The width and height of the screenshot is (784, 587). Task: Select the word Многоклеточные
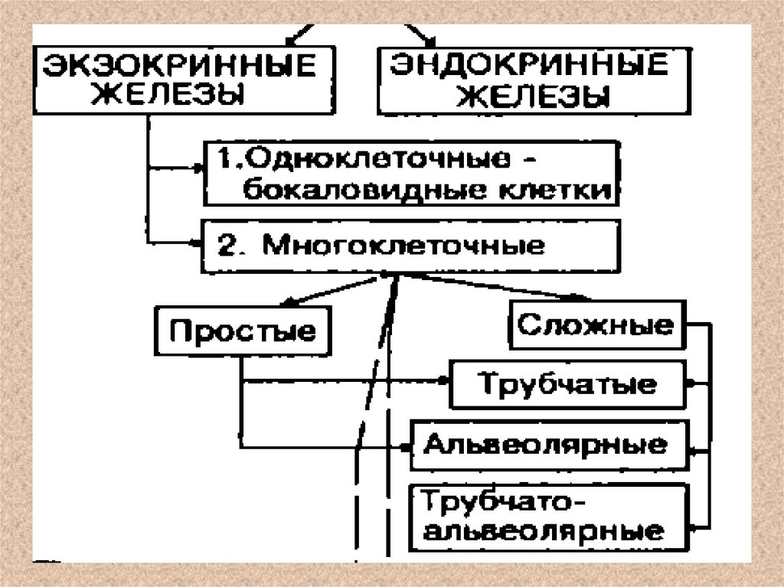(404, 246)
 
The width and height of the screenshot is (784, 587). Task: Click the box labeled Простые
(244, 332)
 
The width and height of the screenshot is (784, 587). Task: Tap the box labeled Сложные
(596, 325)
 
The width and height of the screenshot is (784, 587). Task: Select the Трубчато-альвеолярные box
(544, 517)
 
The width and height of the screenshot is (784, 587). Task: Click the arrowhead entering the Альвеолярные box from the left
(406, 445)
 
